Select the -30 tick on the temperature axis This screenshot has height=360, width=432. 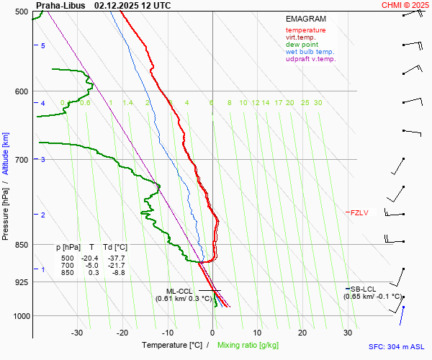coord(77,333)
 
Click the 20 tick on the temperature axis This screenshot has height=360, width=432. coord(302,333)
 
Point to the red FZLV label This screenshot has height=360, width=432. coord(359,212)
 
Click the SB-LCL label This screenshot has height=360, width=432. coord(359,289)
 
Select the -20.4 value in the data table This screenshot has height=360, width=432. coord(90,258)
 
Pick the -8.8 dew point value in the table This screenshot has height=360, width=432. coord(117,272)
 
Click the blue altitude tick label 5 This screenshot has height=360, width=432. coord(43,45)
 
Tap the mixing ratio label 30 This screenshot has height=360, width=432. coord(318,103)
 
